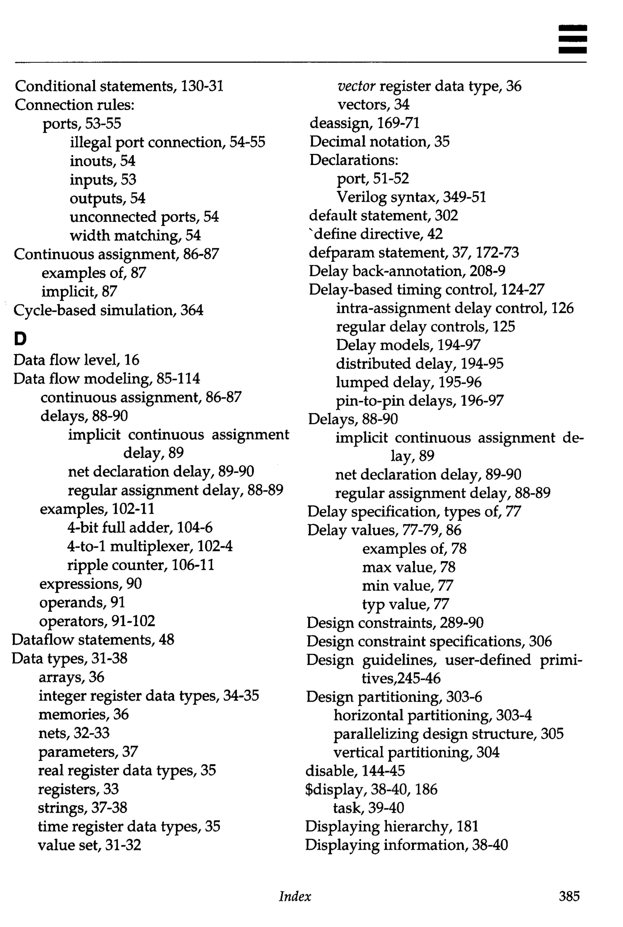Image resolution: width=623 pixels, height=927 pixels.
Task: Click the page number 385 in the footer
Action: pos(569,896)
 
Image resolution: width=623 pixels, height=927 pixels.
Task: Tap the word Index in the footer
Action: pos(295,896)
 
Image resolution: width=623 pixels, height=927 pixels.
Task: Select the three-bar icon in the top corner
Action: pos(572,39)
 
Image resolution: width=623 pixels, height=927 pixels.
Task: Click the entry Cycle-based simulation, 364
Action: pos(108,310)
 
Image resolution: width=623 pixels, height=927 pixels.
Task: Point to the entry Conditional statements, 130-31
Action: pos(119,86)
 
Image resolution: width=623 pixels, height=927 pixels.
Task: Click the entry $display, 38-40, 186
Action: pos(371,789)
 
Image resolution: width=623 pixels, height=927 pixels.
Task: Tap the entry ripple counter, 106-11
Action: pos(141,565)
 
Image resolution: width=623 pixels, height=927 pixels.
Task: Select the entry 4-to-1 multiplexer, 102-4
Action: pos(150,546)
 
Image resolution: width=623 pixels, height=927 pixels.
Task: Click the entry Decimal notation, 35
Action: pos(379,142)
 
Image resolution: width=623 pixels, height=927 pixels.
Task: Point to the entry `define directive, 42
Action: pos(376,234)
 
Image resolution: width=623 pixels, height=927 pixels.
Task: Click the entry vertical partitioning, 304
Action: pos(416,752)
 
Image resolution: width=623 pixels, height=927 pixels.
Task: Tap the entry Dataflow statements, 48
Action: pos(93,639)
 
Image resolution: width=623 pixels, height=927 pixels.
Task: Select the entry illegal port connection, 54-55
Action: pos(167,142)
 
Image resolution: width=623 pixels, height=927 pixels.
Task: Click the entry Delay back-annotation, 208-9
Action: pos(407,271)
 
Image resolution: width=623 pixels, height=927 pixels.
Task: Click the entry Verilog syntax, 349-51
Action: pos(411,197)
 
